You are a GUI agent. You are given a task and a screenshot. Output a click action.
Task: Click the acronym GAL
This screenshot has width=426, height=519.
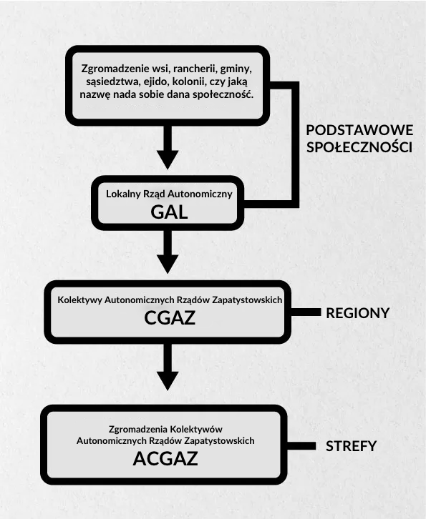[x=169, y=212]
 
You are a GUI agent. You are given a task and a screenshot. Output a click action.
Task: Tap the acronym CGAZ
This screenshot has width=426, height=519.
[x=170, y=317]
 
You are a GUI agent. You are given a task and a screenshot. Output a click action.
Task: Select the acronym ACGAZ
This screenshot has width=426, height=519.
[x=165, y=459]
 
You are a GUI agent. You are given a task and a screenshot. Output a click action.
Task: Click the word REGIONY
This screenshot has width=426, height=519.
[x=357, y=313]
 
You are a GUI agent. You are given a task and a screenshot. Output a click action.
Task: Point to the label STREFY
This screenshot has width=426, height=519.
[x=351, y=446]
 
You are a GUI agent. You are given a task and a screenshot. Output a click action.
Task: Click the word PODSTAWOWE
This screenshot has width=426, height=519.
[x=359, y=130]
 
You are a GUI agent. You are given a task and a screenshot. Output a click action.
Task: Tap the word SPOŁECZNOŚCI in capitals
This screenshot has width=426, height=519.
[x=359, y=147]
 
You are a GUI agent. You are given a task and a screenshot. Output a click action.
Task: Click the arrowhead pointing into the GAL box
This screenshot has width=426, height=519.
[x=168, y=159]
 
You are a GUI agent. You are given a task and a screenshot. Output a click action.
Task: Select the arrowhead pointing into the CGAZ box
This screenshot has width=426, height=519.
[x=168, y=264]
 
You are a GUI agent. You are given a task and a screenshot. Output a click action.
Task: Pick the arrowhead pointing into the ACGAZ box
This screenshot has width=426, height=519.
[x=168, y=380]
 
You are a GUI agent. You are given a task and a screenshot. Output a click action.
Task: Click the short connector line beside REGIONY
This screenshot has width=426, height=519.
[x=306, y=312]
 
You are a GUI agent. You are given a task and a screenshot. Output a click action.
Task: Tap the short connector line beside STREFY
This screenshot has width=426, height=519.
[x=301, y=446]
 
